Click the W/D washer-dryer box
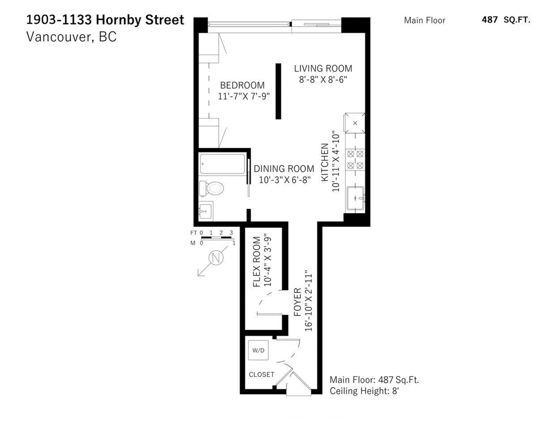coord(258,350)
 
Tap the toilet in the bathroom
coord(212,188)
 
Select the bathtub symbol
coord(222,164)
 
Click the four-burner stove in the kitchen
coord(355,160)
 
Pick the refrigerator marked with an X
coord(355,123)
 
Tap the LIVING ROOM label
coord(323,69)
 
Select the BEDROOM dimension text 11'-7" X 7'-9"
coord(244,96)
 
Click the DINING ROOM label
coord(284,169)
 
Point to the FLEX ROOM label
coord(257,262)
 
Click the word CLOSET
coord(261,374)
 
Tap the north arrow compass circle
coord(216,258)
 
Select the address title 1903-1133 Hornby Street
coord(105,20)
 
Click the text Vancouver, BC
coord(71,37)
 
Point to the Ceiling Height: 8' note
coord(364,391)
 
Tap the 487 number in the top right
coord(489,20)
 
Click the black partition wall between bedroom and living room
coord(278,91)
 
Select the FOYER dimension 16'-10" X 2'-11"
coord(308,301)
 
